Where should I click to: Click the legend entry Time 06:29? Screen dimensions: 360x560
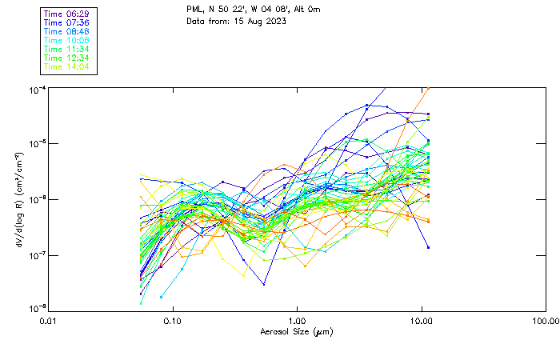coord(67,14)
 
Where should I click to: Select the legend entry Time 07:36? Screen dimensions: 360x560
coord(67,22)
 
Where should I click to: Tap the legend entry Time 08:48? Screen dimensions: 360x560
coord(67,31)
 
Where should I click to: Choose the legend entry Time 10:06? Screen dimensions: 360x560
coord(67,40)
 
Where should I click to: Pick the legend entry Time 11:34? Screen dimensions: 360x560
coord(67,49)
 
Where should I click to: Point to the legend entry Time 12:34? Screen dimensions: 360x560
coord(67,58)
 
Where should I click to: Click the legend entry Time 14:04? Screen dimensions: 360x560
coord(67,66)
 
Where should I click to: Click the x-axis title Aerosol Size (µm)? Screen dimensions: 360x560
coord(297,331)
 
